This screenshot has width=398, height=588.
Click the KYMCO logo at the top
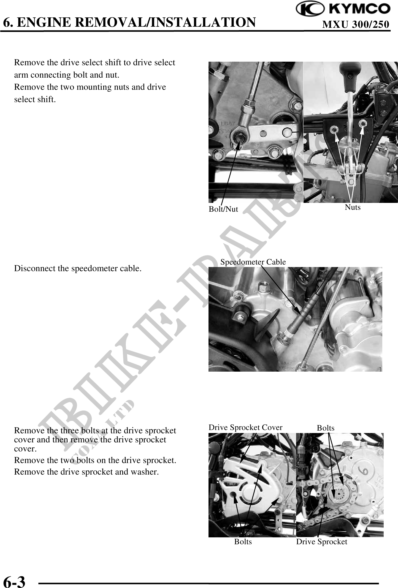[x=343, y=9]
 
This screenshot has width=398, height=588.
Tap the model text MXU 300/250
[x=356, y=24]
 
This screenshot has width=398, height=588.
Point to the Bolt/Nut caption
[x=223, y=209]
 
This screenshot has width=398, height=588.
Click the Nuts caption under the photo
[x=353, y=207]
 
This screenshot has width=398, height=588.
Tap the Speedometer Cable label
[x=253, y=262]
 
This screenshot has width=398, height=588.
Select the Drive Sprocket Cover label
[x=245, y=427]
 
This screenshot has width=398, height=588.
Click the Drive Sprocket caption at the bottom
[x=321, y=541]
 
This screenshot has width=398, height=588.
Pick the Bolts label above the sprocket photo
[x=326, y=428]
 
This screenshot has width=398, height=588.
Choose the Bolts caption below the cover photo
[x=243, y=541]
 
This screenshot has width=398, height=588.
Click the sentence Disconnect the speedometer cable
[x=78, y=268]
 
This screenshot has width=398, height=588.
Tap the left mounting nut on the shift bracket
[x=335, y=129]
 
